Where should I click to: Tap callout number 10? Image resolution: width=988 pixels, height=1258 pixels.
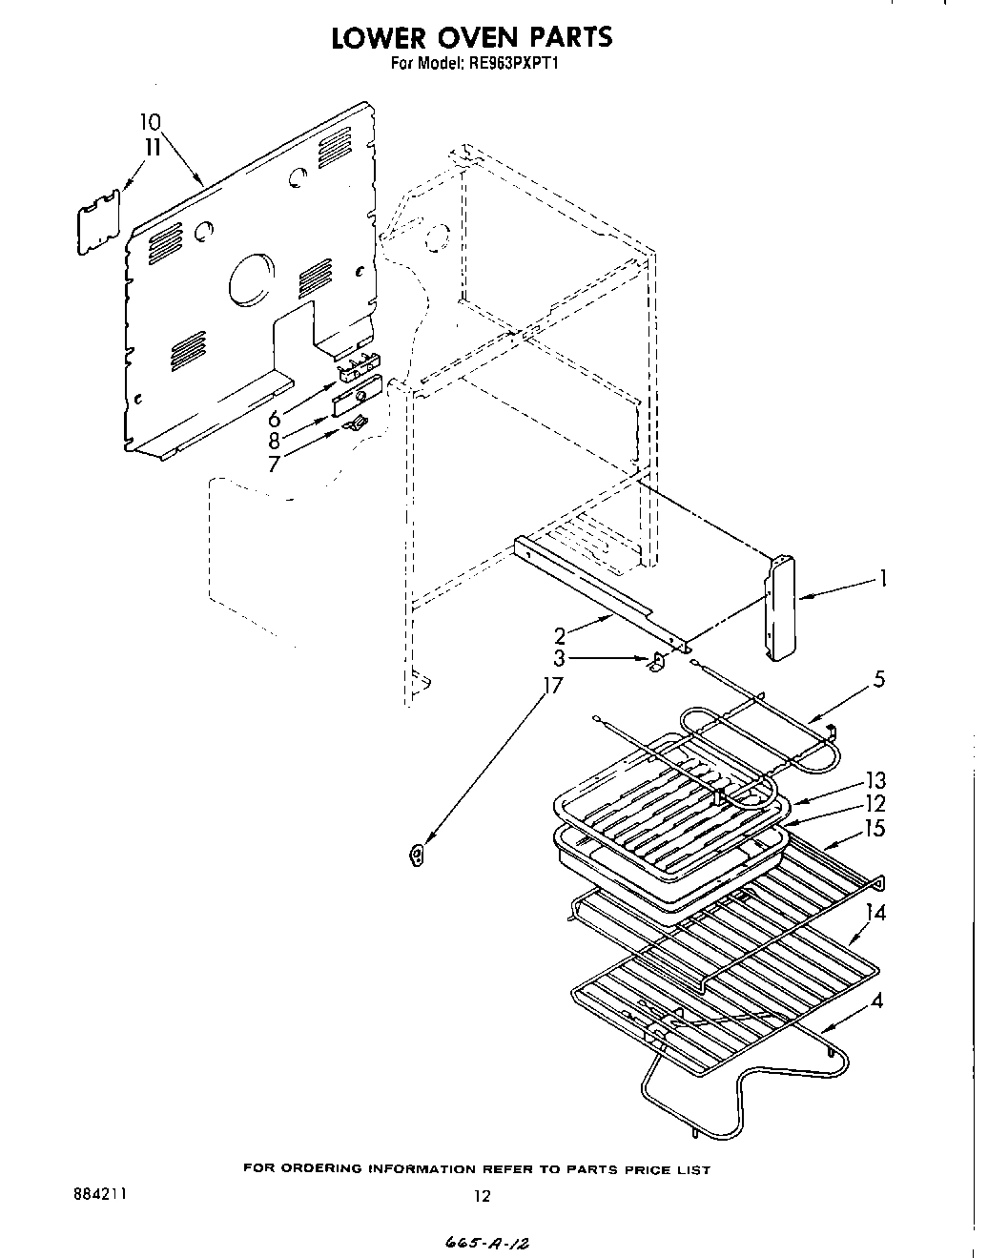pyautogui.click(x=150, y=122)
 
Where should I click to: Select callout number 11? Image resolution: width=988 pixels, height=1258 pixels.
pyautogui.click(x=151, y=147)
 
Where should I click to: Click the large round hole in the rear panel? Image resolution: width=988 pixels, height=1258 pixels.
pyautogui.click(x=251, y=280)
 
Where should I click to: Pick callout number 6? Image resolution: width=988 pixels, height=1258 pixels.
pyautogui.click(x=275, y=418)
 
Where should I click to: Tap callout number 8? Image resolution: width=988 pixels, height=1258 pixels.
pyautogui.click(x=275, y=441)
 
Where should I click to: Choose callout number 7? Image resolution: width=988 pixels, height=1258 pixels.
pyautogui.click(x=275, y=464)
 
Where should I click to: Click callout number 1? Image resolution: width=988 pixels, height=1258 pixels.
pyautogui.click(x=884, y=577)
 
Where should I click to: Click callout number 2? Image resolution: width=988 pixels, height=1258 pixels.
pyautogui.click(x=562, y=636)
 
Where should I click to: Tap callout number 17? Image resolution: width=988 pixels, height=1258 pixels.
pyautogui.click(x=552, y=686)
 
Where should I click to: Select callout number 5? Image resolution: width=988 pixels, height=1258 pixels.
pyautogui.click(x=878, y=679)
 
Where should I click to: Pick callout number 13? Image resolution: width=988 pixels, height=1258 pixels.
pyautogui.click(x=875, y=781)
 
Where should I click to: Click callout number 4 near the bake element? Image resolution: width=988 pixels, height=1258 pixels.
pyautogui.click(x=875, y=1001)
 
